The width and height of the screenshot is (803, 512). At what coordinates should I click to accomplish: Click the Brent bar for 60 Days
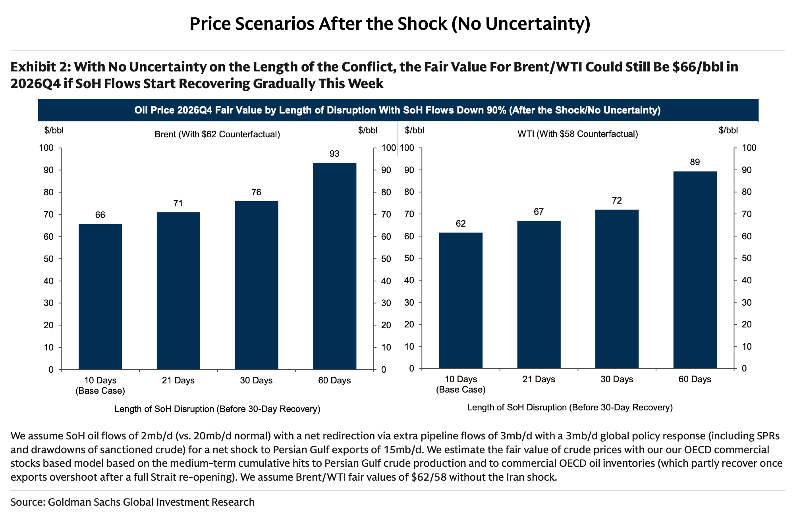[x=334, y=266]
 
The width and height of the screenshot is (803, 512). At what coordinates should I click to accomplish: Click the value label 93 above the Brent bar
[x=334, y=154]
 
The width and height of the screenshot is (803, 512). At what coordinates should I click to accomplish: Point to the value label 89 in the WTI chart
[x=695, y=162]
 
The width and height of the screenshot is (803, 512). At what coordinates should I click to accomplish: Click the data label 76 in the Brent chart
[x=257, y=192]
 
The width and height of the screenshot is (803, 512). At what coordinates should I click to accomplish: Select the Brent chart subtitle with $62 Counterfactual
[x=217, y=135]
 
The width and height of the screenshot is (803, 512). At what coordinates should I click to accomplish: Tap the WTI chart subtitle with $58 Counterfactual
[x=577, y=134]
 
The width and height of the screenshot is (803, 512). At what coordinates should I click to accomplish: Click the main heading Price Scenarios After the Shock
[x=390, y=24]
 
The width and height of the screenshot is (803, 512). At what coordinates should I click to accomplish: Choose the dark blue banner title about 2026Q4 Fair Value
[x=397, y=110]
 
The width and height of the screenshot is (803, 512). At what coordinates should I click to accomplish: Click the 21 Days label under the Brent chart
[x=178, y=381]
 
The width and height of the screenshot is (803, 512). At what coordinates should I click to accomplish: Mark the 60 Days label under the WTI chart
[x=695, y=379]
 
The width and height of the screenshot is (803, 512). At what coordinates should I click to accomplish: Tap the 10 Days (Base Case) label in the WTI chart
[x=461, y=384]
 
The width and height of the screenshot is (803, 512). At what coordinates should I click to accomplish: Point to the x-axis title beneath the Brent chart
[x=217, y=409]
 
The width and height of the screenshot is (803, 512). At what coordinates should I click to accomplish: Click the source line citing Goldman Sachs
[x=132, y=502]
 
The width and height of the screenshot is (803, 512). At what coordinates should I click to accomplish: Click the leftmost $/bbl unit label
[x=54, y=130]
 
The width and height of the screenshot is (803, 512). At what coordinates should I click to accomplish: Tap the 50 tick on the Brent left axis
[x=48, y=259]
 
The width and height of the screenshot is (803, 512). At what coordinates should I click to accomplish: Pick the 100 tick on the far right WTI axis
[x=749, y=148]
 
